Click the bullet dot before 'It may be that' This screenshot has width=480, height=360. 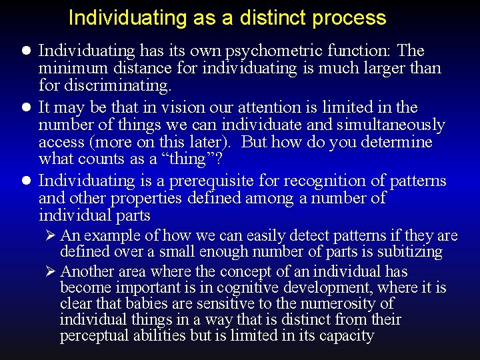click(x=26, y=107)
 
